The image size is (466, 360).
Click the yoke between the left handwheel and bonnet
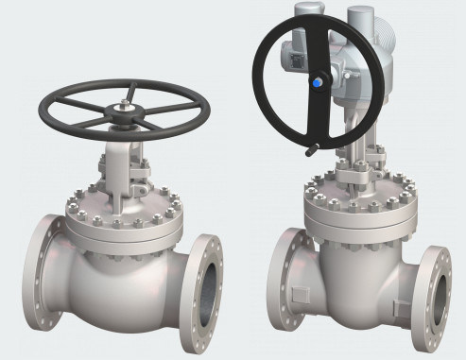120,165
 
